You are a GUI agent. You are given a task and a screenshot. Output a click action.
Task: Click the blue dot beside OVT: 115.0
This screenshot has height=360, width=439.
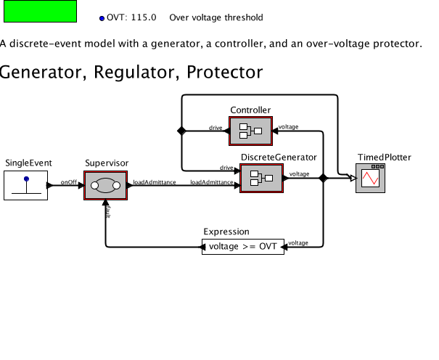pos(102,17)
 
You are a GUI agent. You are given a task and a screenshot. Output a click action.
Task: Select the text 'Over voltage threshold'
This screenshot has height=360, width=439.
pos(216,17)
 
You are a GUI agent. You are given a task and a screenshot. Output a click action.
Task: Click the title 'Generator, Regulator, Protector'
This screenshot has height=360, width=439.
pos(131,73)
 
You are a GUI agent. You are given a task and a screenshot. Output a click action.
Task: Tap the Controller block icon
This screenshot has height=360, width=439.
pos(250,131)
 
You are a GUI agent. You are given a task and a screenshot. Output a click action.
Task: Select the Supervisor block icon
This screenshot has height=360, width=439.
pos(105,187)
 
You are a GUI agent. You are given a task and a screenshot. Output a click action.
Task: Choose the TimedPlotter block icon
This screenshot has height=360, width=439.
pos(370,177)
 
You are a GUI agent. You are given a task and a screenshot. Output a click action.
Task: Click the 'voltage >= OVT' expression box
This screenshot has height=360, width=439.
pos(243,247)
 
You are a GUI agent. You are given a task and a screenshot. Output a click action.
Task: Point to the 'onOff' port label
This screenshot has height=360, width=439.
pos(69,182)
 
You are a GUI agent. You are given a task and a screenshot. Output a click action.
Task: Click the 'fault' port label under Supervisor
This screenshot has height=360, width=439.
pos(108,211)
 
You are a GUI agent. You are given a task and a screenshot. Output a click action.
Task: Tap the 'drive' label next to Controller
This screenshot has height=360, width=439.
pos(216,128)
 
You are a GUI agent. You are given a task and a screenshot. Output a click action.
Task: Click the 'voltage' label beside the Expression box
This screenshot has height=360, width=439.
pos(298,242)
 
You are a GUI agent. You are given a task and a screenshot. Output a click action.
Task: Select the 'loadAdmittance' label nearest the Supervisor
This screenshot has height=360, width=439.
pos(154,182)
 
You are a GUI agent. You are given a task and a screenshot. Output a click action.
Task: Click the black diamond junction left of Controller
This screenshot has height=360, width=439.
pos(181,131)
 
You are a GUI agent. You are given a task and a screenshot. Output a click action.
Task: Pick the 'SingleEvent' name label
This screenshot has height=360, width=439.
pos(29,163)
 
